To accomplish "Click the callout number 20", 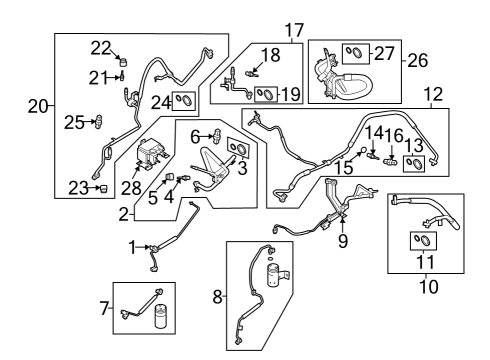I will click(x=37, y=107).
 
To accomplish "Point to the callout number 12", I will click(x=432, y=95).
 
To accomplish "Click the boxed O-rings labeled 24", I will click(x=184, y=98).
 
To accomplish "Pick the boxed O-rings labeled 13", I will click(x=410, y=165).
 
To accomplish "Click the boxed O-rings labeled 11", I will click(x=423, y=240).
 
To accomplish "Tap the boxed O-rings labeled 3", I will click(x=239, y=147).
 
